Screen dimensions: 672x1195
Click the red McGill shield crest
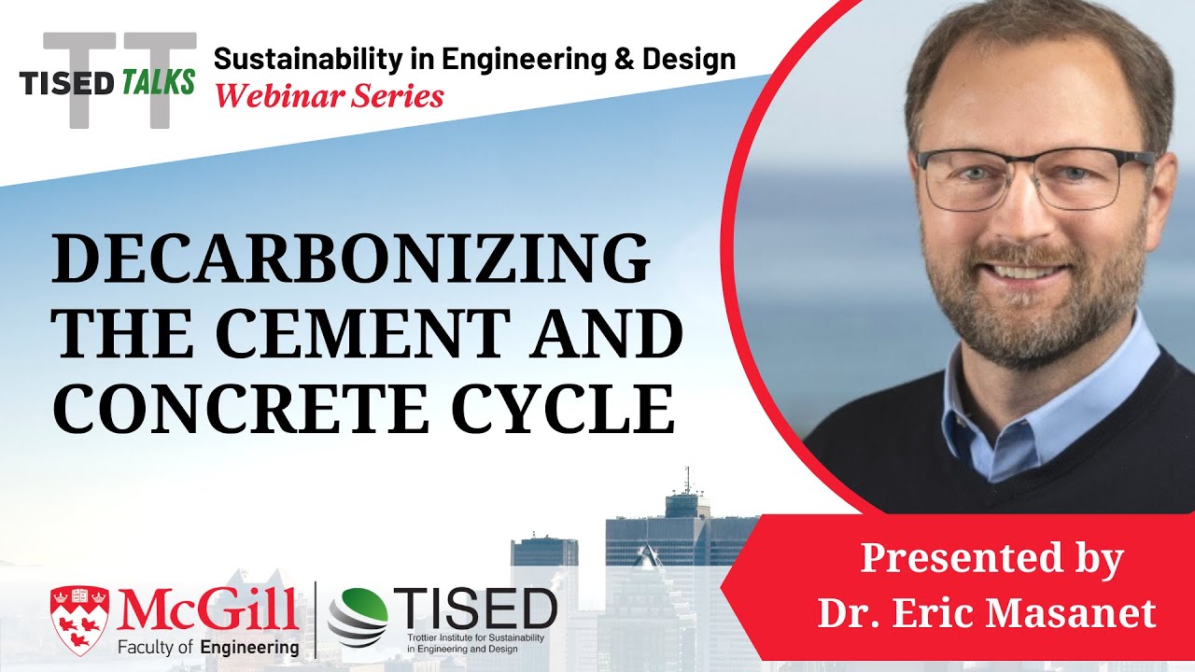coord(77,616)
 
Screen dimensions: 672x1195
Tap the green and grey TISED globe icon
coord(358,617)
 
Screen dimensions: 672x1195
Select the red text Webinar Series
coord(329,94)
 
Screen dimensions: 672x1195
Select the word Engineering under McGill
coord(252,646)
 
